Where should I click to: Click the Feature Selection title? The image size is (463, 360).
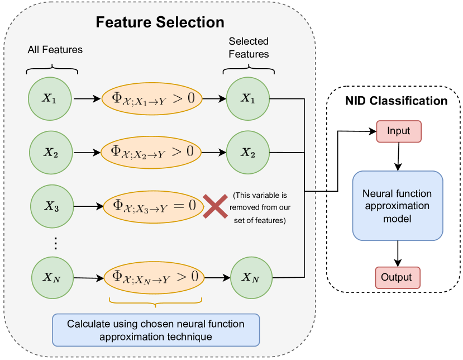click(160, 22)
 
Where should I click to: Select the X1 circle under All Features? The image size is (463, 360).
click(50, 99)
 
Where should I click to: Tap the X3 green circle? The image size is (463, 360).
click(52, 206)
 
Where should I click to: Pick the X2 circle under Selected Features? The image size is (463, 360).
click(248, 153)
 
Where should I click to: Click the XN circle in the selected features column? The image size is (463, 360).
click(251, 277)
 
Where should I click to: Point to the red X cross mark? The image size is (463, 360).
click(215, 206)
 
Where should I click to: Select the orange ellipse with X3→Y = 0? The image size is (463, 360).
click(154, 206)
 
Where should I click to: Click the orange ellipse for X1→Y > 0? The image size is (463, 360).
click(152, 99)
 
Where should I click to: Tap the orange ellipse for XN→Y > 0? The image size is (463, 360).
click(154, 277)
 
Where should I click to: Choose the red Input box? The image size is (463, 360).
click(399, 131)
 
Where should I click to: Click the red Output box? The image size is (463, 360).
click(398, 277)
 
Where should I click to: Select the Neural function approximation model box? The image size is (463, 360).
click(398, 206)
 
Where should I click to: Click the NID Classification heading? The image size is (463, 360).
click(397, 101)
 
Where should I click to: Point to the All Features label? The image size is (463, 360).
click(55, 50)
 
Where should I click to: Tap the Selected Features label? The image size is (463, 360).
click(249, 48)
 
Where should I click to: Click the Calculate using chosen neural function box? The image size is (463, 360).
click(156, 330)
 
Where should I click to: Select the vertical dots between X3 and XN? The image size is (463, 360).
click(55, 243)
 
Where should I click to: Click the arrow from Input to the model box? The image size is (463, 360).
click(398, 157)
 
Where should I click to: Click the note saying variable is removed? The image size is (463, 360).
click(260, 208)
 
